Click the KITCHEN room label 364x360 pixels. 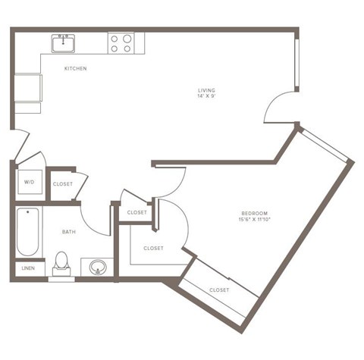tap(75, 69)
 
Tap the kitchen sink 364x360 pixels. tap(64, 43)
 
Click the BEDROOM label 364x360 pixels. tap(255, 214)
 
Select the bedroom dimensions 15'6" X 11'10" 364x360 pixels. tap(255, 221)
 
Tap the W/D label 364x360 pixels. tap(29, 183)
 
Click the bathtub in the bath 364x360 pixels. tap(26, 232)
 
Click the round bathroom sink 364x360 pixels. tap(98, 267)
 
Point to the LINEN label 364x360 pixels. tap(28, 268)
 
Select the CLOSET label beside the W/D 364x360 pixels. tap(63, 183)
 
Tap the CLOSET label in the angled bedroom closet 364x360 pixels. tap(219, 290)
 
